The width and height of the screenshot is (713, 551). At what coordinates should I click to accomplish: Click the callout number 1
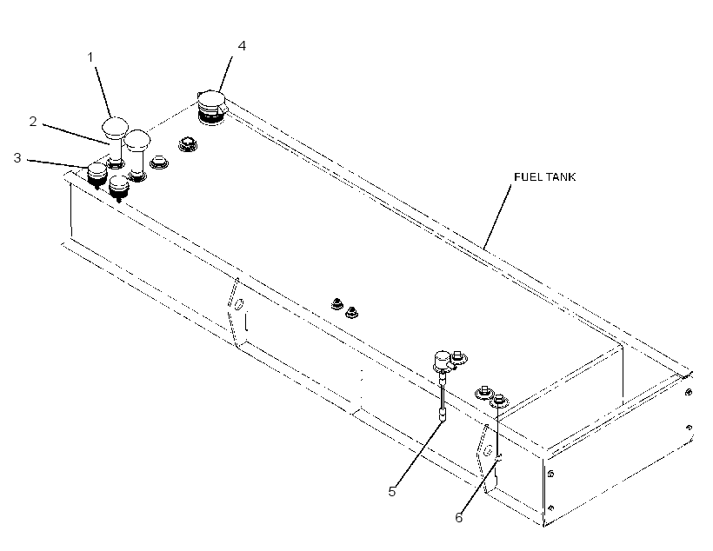(x=90, y=57)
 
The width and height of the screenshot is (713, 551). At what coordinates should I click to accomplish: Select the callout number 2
(x=33, y=122)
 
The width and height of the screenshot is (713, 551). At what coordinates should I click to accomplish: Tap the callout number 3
(x=17, y=158)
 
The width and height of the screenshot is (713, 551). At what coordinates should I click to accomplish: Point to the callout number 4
(x=242, y=46)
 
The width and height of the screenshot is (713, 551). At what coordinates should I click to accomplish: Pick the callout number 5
(x=392, y=491)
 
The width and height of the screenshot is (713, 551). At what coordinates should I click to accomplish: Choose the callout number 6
(x=459, y=517)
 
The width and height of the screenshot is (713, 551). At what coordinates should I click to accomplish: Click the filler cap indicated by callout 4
(x=211, y=107)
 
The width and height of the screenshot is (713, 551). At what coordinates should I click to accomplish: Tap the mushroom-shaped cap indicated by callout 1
(x=114, y=126)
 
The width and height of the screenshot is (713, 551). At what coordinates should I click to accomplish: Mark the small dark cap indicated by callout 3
(x=97, y=174)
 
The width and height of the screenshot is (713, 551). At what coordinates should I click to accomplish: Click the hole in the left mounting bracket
(x=238, y=304)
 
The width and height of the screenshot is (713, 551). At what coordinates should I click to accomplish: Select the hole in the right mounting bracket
(x=488, y=451)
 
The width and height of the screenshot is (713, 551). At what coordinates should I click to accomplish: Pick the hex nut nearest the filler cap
(x=185, y=143)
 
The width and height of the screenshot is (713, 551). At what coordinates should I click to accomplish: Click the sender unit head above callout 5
(x=442, y=359)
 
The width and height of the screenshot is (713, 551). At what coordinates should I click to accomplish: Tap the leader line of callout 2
(x=77, y=133)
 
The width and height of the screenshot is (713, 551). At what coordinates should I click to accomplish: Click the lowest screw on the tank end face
(x=551, y=508)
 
